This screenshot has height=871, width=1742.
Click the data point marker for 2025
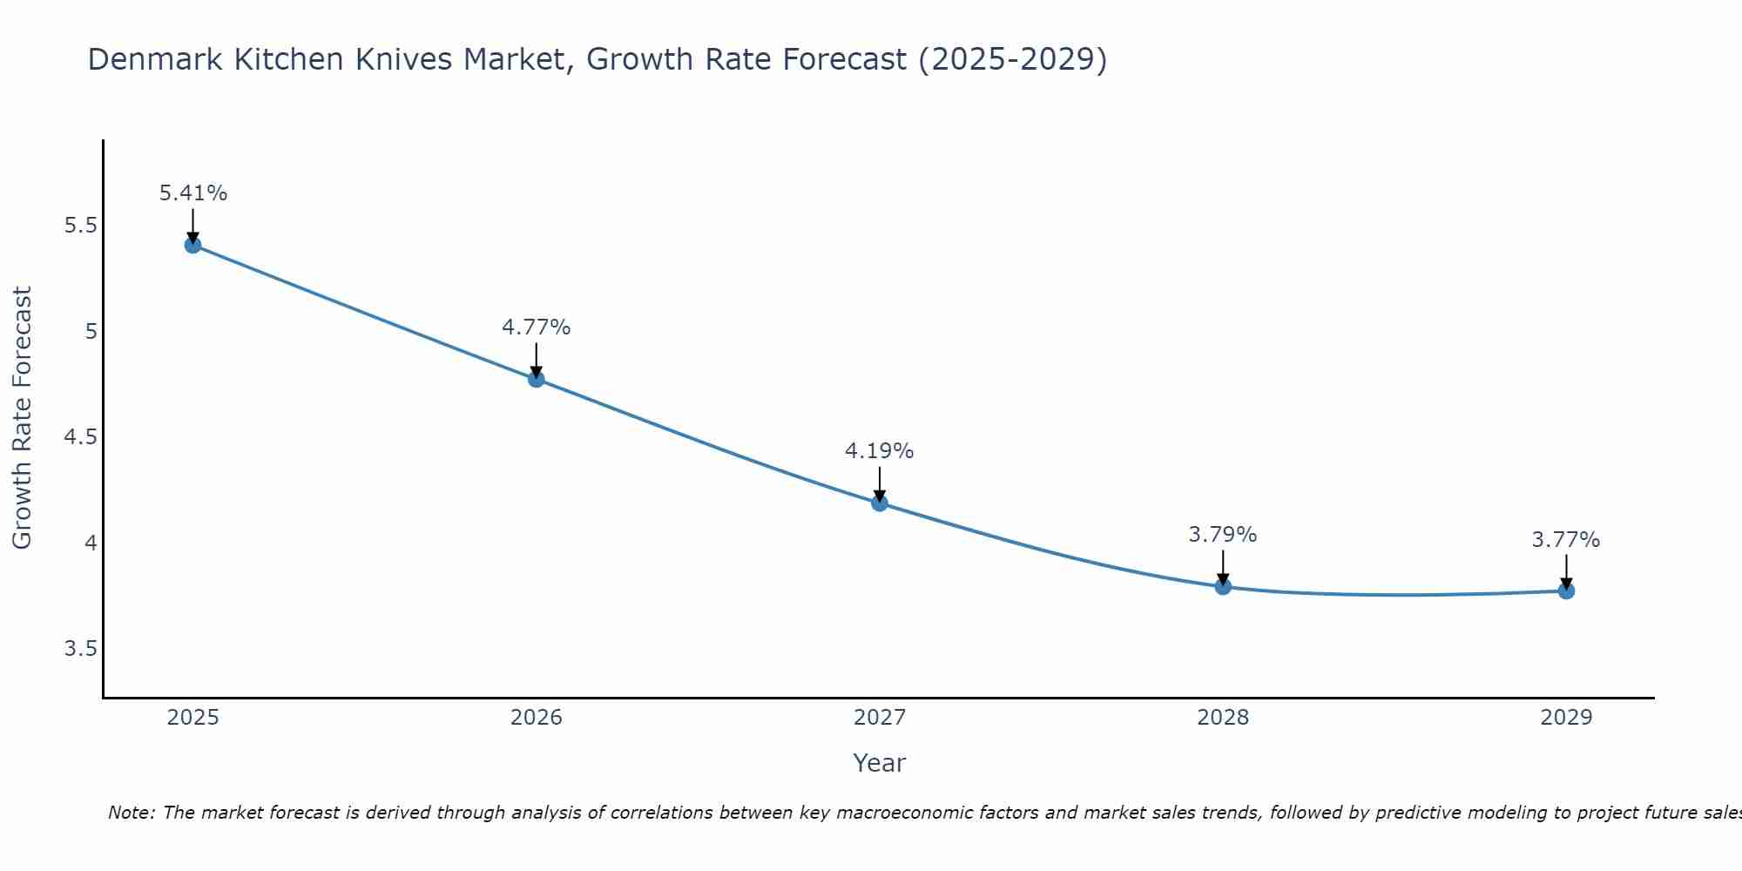point(192,245)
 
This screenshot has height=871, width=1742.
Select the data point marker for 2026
point(536,379)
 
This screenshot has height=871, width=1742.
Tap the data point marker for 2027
point(879,503)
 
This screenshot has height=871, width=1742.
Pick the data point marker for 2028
point(1222,586)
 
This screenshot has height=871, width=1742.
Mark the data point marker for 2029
point(1565,591)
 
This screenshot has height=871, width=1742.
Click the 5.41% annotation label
point(192,193)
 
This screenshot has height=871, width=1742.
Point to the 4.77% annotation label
point(536,327)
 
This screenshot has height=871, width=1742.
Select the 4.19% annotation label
point(879,451)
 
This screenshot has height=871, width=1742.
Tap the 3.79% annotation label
point(1222,535)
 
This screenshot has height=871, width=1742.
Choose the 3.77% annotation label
point(1565,540)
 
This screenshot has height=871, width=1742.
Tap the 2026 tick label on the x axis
point(536,718)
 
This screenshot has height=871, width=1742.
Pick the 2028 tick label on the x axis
point(1222,718)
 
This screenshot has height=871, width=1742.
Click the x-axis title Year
point(879,763)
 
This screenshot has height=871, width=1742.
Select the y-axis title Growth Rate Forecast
point(22,418)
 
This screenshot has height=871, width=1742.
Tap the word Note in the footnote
point(131,813)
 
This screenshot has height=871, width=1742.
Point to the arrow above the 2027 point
point(879,483)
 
